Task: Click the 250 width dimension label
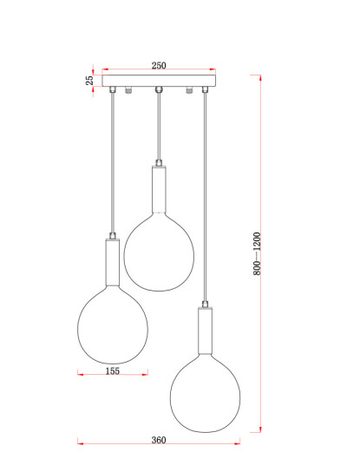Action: pyautogui.click(x=159, y=66)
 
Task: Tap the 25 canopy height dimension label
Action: pyautogui.click(x=89, y=81)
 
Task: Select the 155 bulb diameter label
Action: pyautogui.click(x=113, y=371)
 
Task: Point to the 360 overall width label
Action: pyautogui.click(x=159, y=440)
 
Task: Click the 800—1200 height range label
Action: pyautogui.click(x=257, y=254)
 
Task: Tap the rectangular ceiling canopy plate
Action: pyautogui.click(x=159, y=81)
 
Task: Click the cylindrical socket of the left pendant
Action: pyautogui.click(x=113, y=262)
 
